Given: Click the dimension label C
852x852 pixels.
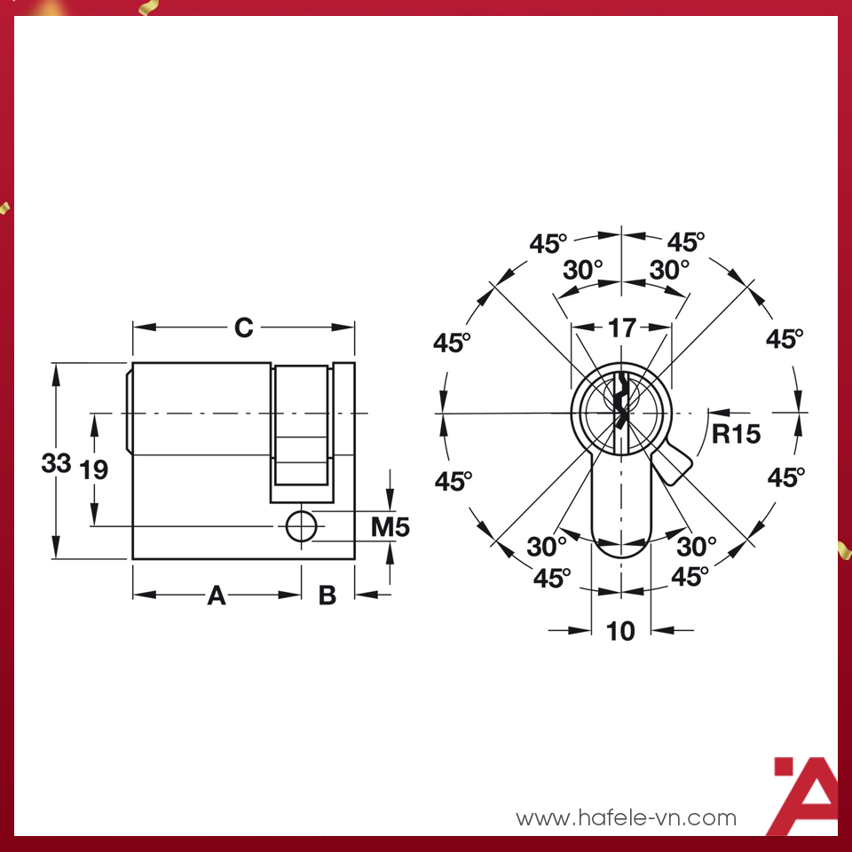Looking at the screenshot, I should [x=243, y=327].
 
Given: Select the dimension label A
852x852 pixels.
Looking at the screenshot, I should [x=216, y=596].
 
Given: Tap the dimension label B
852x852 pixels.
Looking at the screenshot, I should [x=327, y=596].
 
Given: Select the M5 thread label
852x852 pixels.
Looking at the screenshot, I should [x=390, y=527].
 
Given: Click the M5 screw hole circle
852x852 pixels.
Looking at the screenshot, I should [x=301, y=526].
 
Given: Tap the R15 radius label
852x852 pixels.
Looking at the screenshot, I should [x=736, y=434].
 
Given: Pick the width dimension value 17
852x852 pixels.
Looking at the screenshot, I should [x=621, y=327].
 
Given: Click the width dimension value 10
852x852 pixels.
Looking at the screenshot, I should [x=621, y=631].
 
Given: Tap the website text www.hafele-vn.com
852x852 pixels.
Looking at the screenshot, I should [x=627, y=817].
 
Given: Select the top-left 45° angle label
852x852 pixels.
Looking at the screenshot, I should [x=548, y=242].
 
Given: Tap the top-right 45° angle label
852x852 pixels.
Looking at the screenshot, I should [x=686, y=242].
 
